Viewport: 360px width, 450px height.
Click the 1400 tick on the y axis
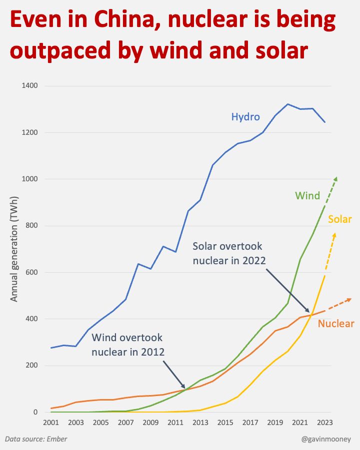click(29, 85)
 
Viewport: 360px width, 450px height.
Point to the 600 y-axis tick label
click(31, 272)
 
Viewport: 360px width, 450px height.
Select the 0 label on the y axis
click(35, 412)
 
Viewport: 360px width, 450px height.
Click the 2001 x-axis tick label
click(51, 423)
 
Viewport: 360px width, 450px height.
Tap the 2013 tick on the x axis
click(200, 423)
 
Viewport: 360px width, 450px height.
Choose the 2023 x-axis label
click(324, 423)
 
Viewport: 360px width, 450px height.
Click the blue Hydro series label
click(245, 117)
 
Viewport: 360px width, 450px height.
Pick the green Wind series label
click(307, 196)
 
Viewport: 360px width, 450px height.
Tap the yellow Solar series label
click(340, 219)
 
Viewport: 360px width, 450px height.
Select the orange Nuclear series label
click(336, 324)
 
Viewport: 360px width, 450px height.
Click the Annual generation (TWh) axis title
click(14, 249)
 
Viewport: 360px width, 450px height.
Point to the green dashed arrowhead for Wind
click(335, 179)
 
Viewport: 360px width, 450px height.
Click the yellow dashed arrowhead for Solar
click(334, 236)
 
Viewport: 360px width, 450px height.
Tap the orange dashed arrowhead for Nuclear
click(349, 300)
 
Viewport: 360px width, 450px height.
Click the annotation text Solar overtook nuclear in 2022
click(229, 253)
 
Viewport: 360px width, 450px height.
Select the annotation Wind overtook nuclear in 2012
click(128, 345)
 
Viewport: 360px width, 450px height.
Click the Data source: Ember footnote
click(36, 439)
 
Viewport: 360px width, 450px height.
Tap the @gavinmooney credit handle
click(326, 439)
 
